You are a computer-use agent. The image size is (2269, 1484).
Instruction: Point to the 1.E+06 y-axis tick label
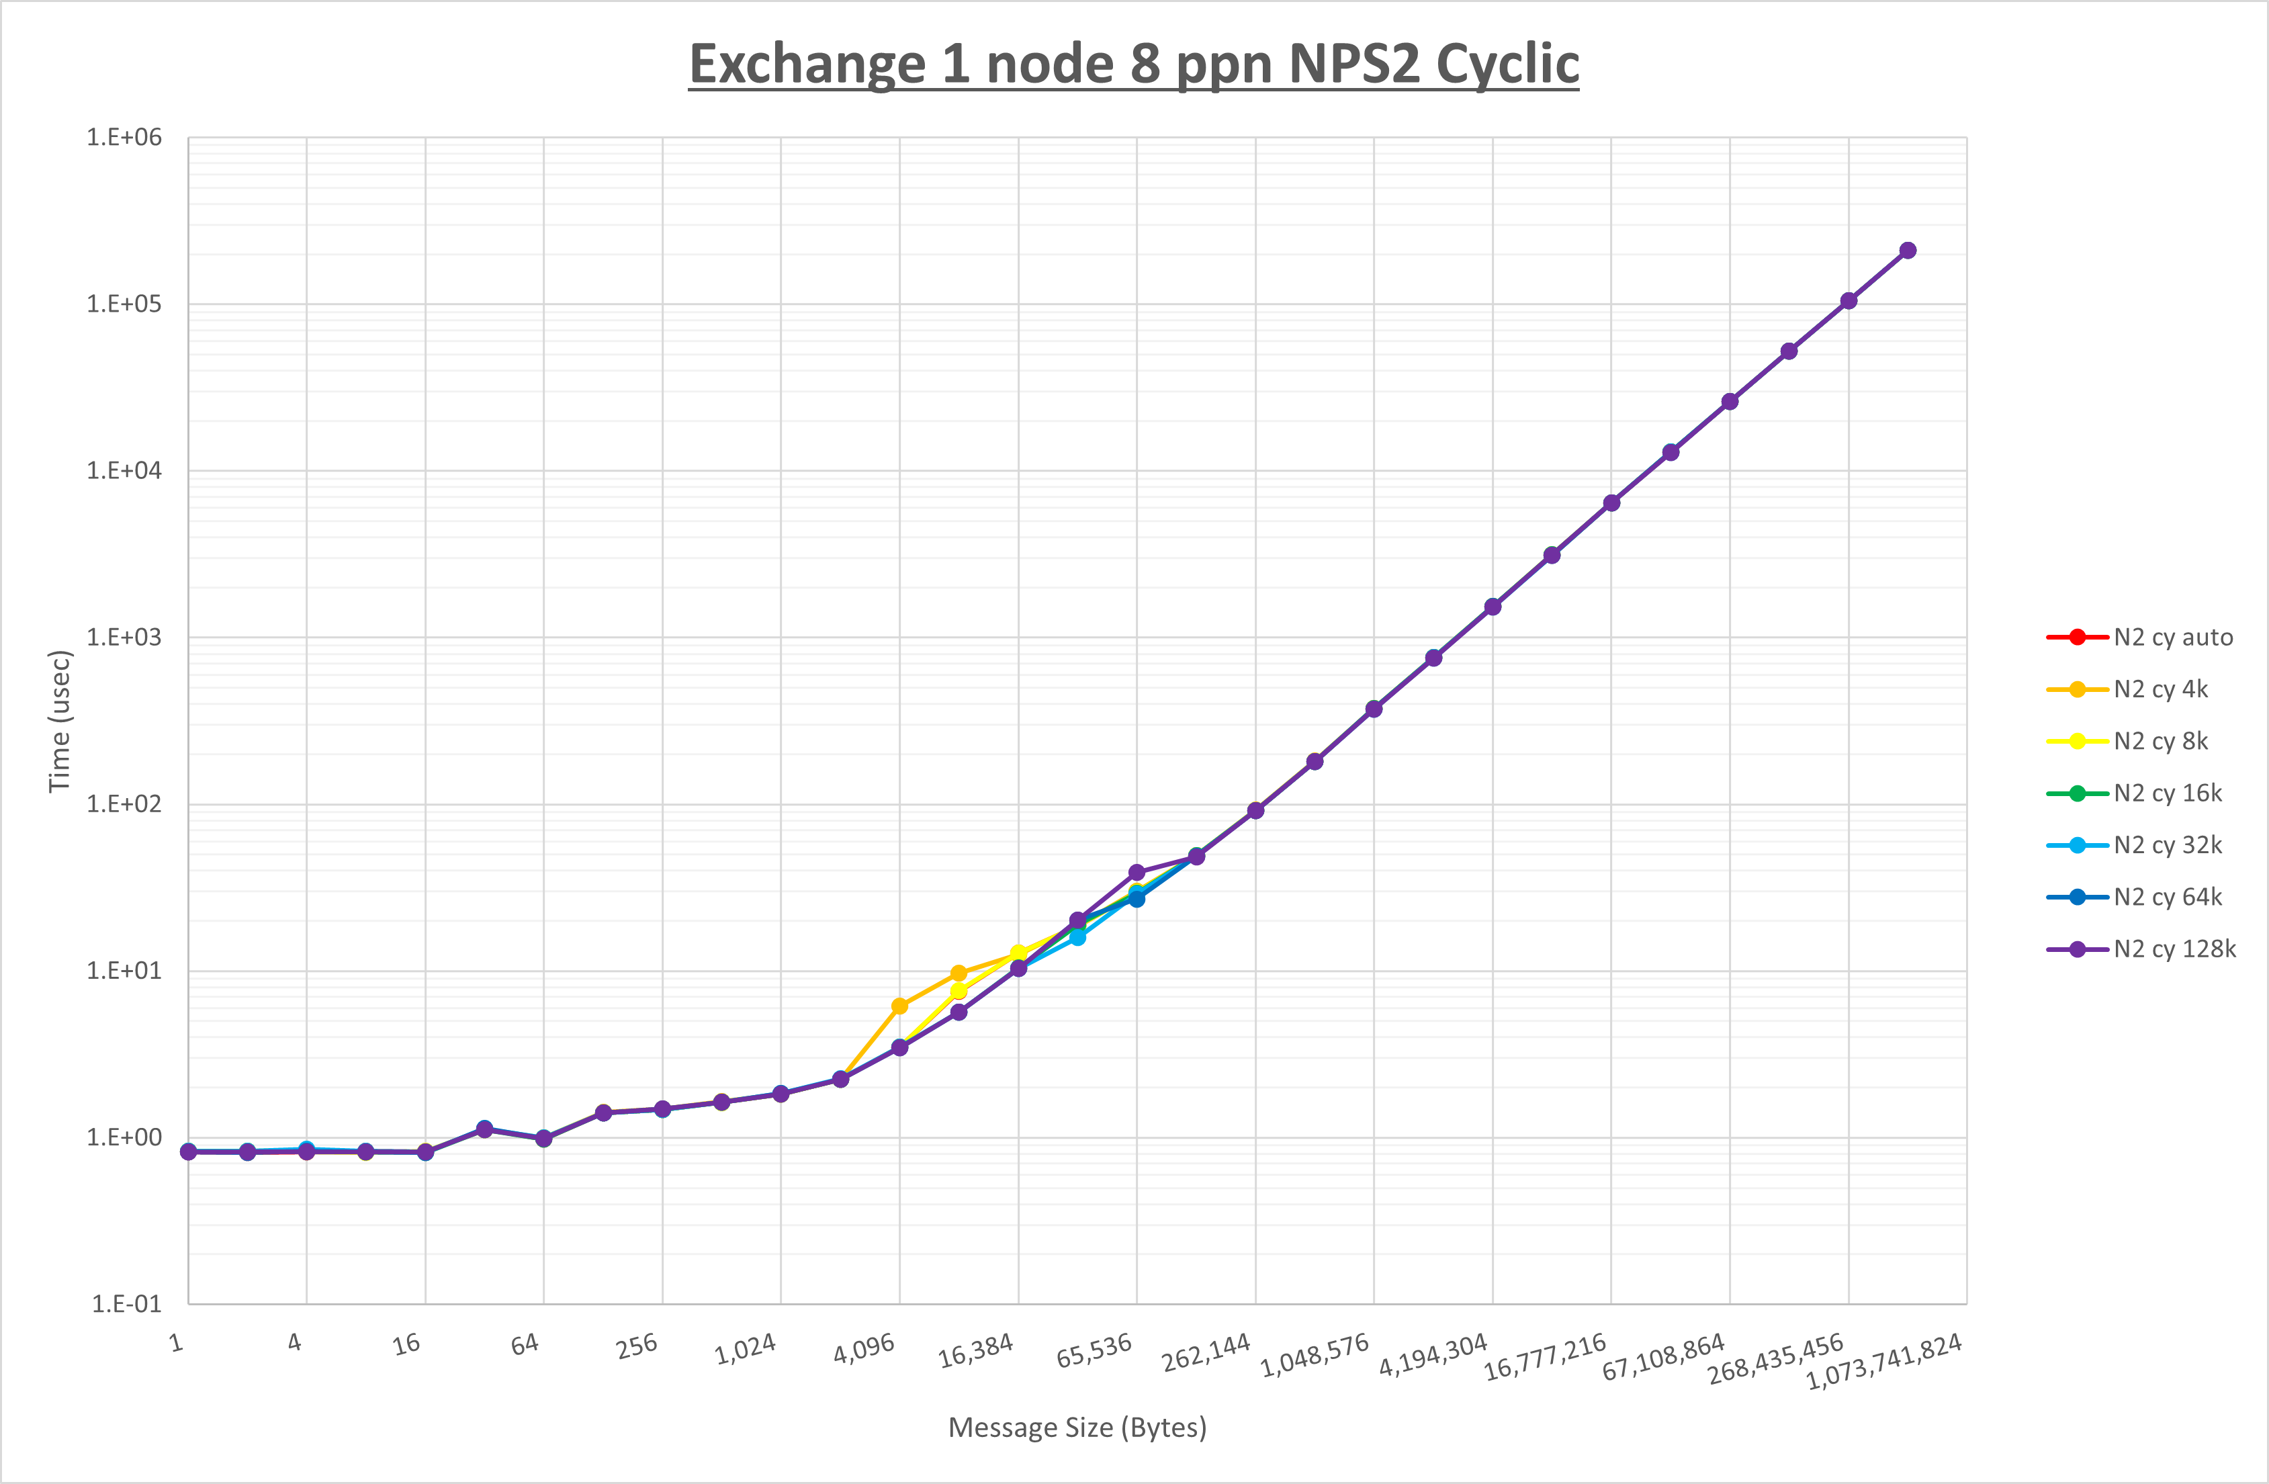[x=124, y=137]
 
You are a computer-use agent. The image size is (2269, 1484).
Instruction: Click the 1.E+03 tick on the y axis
[x=124, y=637]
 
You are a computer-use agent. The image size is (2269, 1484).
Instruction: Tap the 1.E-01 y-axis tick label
[x=126, y=1304]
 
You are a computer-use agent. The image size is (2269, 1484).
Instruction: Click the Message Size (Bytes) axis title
[x=1077, y=1428]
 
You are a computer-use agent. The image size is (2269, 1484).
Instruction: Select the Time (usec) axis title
[x=59, y=721]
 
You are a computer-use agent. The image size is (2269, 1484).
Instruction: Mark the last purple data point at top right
[x=1908, y=251]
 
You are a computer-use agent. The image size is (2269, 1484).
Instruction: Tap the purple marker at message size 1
[x=189, y=1152]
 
